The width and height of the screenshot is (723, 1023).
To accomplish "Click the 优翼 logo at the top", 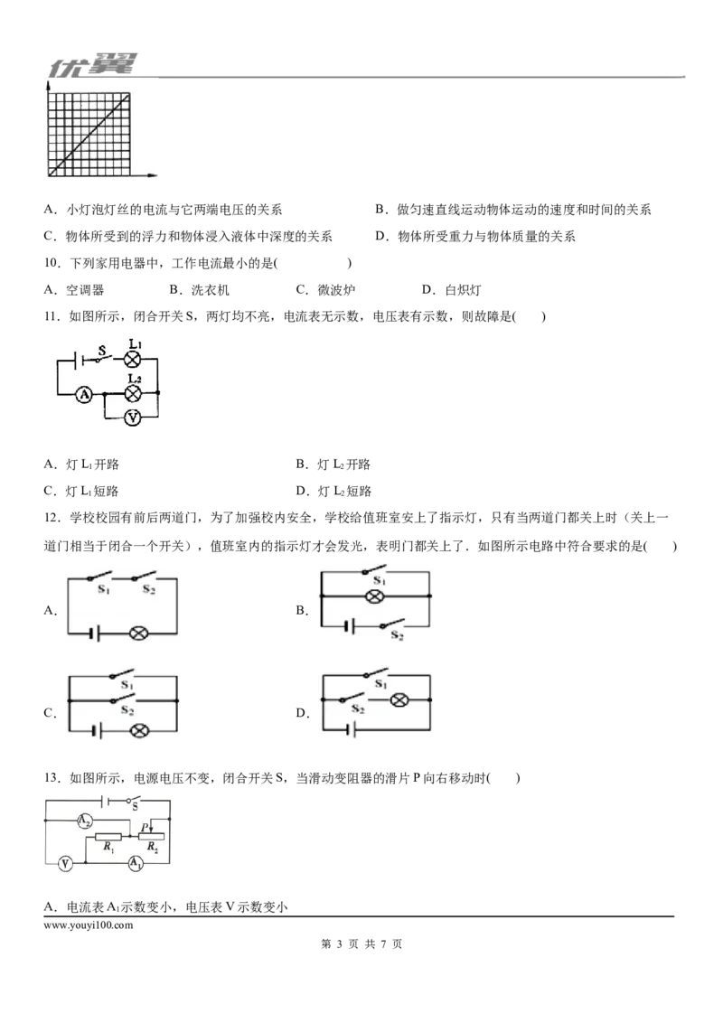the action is (x=93, y=65).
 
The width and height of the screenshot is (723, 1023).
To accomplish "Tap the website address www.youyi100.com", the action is (x=88, y=924).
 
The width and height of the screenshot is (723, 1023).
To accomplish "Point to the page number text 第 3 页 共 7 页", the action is (x=361, y=944).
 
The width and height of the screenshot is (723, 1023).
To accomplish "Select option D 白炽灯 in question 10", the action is (x=452, y=290).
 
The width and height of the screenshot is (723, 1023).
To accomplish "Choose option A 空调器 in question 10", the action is (x=74, y=290).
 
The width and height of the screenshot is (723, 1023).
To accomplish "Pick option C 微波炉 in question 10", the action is (x=325, y=290).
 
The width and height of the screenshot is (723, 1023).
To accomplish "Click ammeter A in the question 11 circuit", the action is (x=84, y=394).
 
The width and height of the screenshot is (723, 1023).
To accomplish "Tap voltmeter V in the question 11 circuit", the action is (x=133, y=417).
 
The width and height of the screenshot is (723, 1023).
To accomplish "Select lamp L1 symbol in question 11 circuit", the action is (x=133, y=358).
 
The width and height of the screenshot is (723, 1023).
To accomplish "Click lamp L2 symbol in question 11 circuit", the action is (x=133, y=393).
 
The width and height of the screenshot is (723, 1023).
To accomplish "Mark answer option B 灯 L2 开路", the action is (x=333, y=465).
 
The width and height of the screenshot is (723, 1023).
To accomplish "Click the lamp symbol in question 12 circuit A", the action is (x=137, y=633).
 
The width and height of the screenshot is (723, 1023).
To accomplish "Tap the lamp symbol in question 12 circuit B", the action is (x=374, y=596).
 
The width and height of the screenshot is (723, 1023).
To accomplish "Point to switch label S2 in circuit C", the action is (x=127, y=711).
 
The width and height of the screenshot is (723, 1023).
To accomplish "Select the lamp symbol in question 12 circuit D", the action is (x=399, y=700).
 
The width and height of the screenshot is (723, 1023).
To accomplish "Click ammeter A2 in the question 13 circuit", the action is (x=85, y=821).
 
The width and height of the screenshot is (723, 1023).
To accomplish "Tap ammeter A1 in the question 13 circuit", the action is (x=135, y=863).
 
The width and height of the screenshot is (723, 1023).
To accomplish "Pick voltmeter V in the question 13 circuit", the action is (x=65, y=864).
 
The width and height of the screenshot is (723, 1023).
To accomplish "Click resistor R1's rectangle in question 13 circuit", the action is (x=108, y=837).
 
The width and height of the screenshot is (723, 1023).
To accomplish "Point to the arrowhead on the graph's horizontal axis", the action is (x=153, y=175).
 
